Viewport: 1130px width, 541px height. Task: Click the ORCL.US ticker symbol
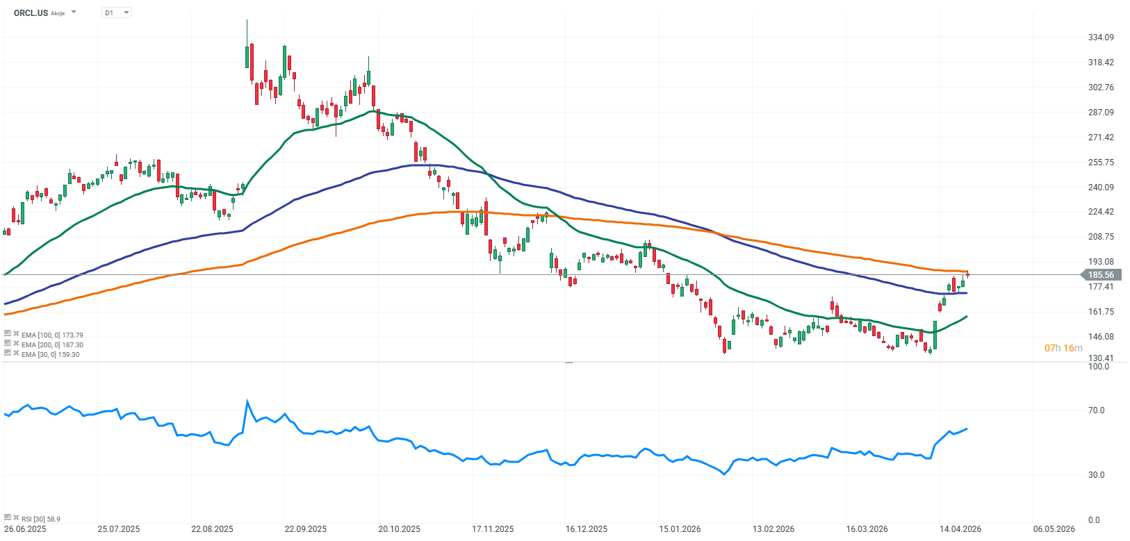(31, 13)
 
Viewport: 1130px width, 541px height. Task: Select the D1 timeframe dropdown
(116, 13)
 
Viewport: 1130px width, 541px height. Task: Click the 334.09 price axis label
(1101, 38)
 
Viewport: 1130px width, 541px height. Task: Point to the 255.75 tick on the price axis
(1101, 163)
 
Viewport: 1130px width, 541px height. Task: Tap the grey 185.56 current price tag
(1100, 275)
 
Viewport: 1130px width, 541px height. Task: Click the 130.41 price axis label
(1101, 358)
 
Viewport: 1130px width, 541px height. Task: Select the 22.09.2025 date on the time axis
(305, 529)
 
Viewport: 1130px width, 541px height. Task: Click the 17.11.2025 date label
(493, 529)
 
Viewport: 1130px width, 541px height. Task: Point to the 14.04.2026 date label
(960, 529)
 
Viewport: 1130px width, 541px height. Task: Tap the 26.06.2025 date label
(25, 529)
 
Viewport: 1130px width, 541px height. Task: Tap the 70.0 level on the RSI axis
(1096, 410)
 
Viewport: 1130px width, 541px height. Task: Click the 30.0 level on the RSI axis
(1096, 475)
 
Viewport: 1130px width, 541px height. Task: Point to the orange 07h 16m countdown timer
(1063, 348)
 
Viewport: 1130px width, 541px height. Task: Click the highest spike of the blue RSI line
(247, 401)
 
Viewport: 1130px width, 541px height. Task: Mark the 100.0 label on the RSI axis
(1099, 367)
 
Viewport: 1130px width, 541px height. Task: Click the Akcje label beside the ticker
(58, 13)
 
